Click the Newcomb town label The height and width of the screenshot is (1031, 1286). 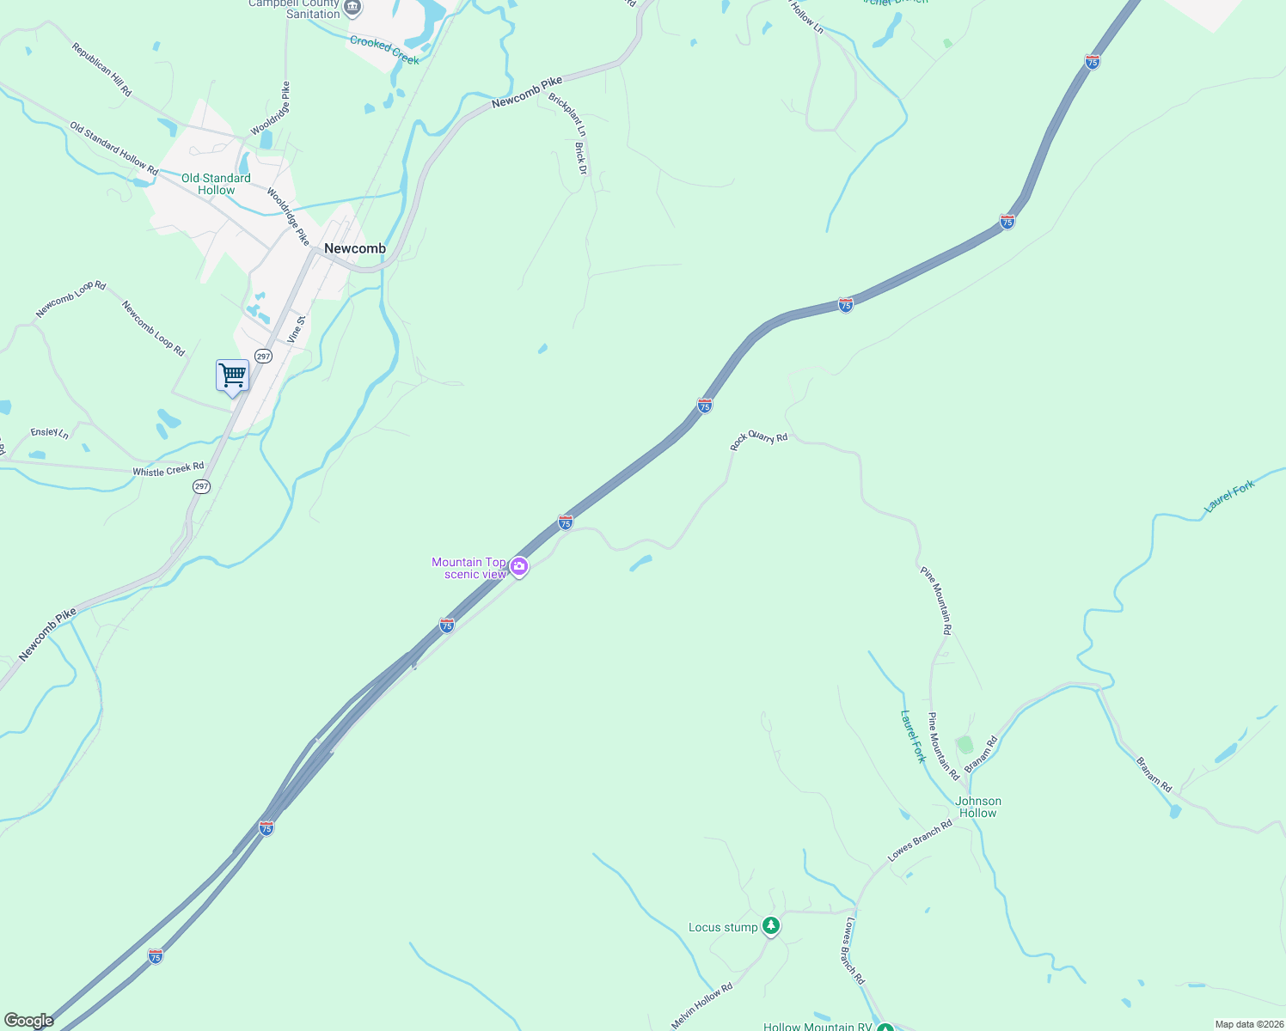pyautogui.click(x=355, y=249)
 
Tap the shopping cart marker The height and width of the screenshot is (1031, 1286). pyautogui.click(x=232, y=375)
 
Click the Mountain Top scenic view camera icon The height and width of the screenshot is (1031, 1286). pyautogui.click(x=518, y=566)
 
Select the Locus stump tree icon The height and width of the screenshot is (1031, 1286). pyautogui.click(x=771, y=925)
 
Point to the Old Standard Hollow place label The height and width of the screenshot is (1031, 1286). pyautogui.click(x=216, y=184)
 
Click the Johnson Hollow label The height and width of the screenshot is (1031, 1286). pyautogui.click(x=978, y=807)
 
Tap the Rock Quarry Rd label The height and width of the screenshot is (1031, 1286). pyautogui.click(x=759, y=440)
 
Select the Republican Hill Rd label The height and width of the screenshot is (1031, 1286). pyautogui.click(x=102, y=70)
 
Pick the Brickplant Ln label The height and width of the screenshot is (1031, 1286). pyautogui.click(x=567, y=115)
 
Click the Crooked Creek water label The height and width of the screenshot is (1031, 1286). pyautogui.click(x=384, y=50)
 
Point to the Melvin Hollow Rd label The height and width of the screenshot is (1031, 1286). pyautogui.click(x=702, y=1005)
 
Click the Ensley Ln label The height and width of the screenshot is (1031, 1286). pyautogui.click(x=49, y=433)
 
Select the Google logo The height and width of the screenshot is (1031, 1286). pyautogui.click(x=28, y=1021)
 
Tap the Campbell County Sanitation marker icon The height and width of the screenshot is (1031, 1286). pyautogui.click(x=352, y=8)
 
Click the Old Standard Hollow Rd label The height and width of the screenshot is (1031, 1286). pyautogui.click(x=114, y=149)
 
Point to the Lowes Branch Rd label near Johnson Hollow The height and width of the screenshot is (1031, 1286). pyautogui.click(x=920, y=840)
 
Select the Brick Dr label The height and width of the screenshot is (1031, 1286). pyautogui.click(x=580, y=158)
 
